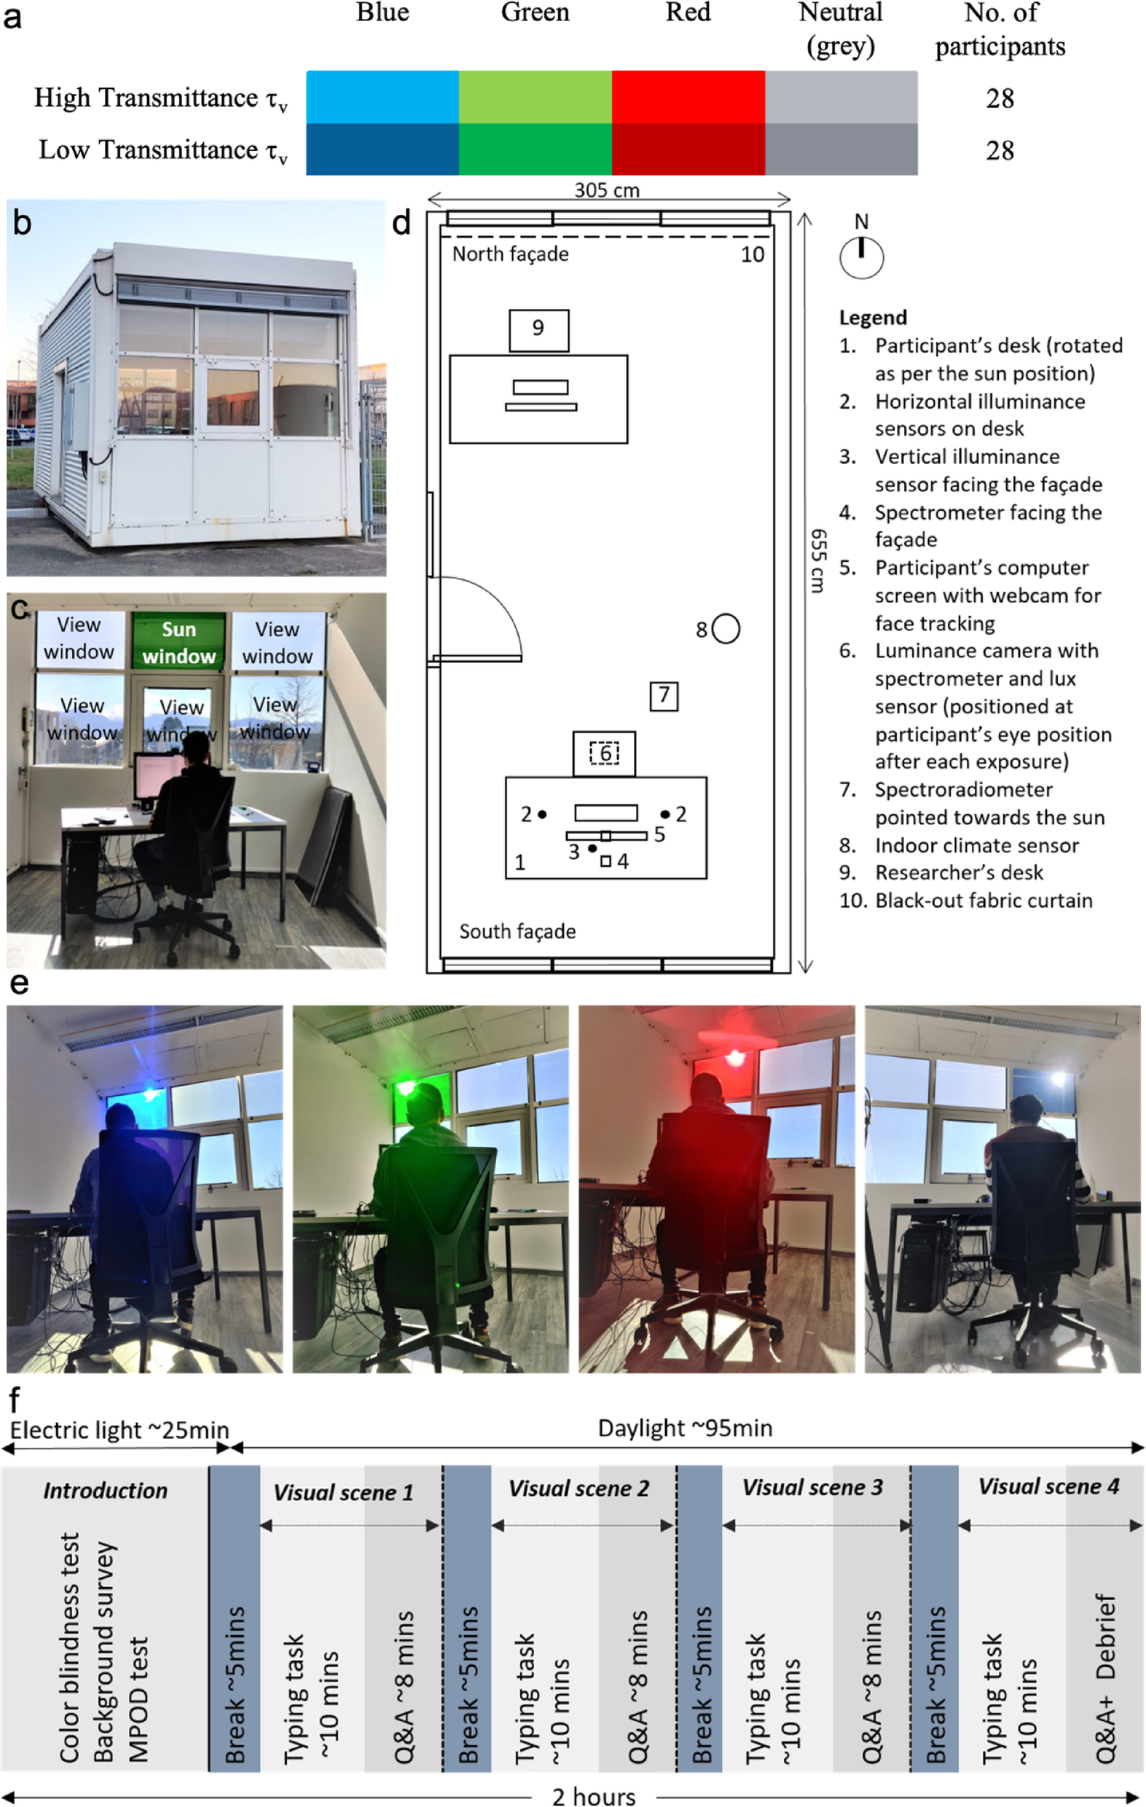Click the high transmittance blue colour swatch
pyautogui.click(x=382, y=97)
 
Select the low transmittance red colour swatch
pyautogui.click(x=688, y=149)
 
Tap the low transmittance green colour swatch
pyautogui.click(x=535, y=149)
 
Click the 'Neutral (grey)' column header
pyautogui.click(x=841, y=29)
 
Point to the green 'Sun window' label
pyautogui.click(x=178, y=642)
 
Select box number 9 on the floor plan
pyautogui.click(x=538, y=330)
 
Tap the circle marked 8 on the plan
pyautogui.click(x=725, y=629)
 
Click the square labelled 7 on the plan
pyautogui.click(x=664, y=697)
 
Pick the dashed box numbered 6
pyautogui.click(x=605, y=753)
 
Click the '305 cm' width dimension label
pyautogui.click(x=607, y=190)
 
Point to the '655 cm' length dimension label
pyautogui.click(x=819, y=560)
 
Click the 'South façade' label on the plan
pyautogui.click(x=517, y=931)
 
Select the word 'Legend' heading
pyautogui.click(x=873, y=318)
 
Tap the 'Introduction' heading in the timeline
pyautogui.click(x=105, y=1489)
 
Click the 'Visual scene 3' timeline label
pyautogui.click(x=813, y=1487)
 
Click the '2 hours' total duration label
pyautogui.click(x=594, y=1797)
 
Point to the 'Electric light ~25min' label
pyautogui.click(x=119, y=1430)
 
